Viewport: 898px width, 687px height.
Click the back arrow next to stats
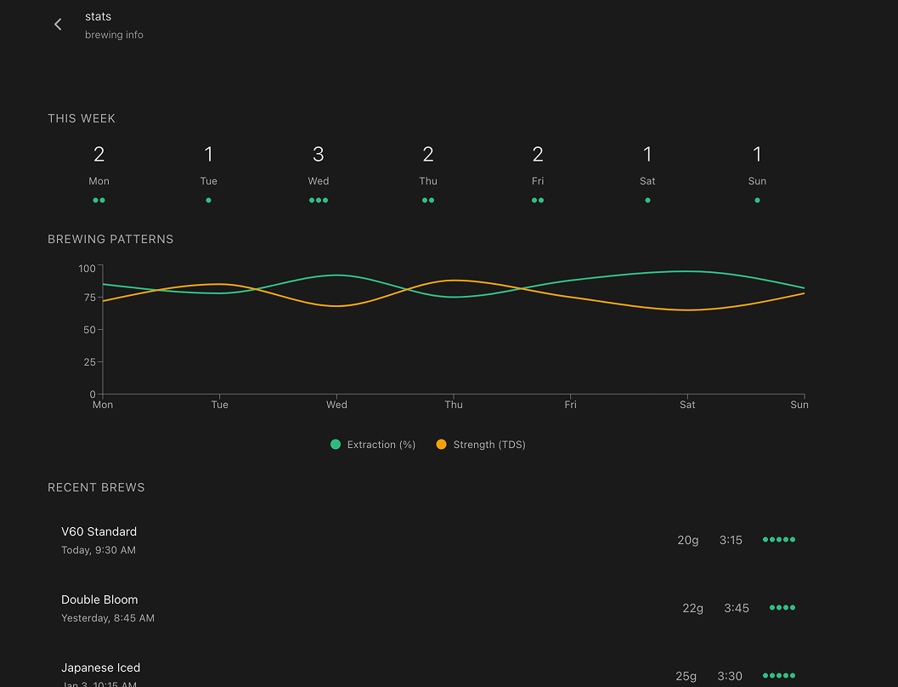click(x=58, y=25)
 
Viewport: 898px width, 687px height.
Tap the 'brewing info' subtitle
click(x=114, y=35)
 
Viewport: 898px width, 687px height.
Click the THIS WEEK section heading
click(x=82, y=118)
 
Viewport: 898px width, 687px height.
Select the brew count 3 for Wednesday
click(x=319, y=154)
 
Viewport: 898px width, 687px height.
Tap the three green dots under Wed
click(x=319, y=201)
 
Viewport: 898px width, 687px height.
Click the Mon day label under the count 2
click(x=99, y=181)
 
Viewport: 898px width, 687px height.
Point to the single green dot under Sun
click(x=757, y=201)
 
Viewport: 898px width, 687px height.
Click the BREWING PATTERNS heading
click(x=110, y=239)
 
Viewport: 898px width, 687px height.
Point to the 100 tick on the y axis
click(x=87, y=268)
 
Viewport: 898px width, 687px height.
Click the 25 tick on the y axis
click(x=90, y=362)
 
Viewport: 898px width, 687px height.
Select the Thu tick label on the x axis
click(x=454, y=405)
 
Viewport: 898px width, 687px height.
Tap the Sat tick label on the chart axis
click(x=687, y=405)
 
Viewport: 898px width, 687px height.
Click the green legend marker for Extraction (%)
click(x=336, y=445)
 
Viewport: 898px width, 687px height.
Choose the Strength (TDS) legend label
click(x=489, y=445)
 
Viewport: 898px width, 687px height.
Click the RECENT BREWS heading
click(x=96, y=487)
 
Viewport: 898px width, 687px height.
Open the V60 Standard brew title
click(x=99, y=531)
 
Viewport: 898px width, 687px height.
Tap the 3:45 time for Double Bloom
click(x=737, y=608)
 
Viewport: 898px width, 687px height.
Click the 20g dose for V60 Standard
click(x=688, y=540)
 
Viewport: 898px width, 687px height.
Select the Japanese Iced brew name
click(x=100, y=667)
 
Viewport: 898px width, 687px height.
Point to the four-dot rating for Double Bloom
click(x=782, y=608)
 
